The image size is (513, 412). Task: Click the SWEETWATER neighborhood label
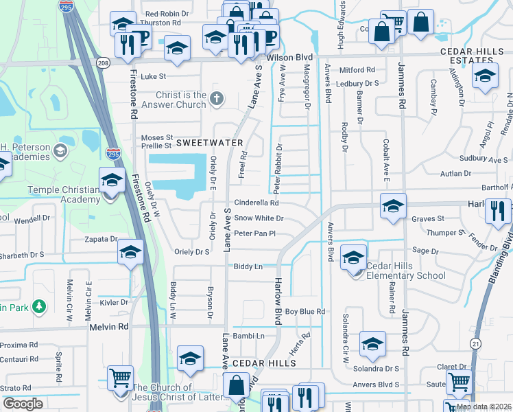click(210, 143)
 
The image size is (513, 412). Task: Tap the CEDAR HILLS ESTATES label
click(473, 56)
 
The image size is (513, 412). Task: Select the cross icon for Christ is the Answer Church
click(217, 98)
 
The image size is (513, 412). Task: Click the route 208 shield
click(103, 63)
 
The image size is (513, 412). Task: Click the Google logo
click(23, 404)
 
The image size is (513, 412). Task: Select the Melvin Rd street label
click(109, 328)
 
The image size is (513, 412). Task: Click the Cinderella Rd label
click(256, 203)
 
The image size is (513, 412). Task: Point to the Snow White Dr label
click(259, 218)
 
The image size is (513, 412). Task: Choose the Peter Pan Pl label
click(254, 233)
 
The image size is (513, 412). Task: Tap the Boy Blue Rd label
click(305, 312)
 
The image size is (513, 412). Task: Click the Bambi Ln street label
click(250, 336)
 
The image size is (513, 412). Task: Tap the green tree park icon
click(40, 306)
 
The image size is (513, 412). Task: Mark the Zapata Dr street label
click(99, 240)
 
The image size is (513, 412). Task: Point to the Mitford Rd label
click(357, 70)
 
